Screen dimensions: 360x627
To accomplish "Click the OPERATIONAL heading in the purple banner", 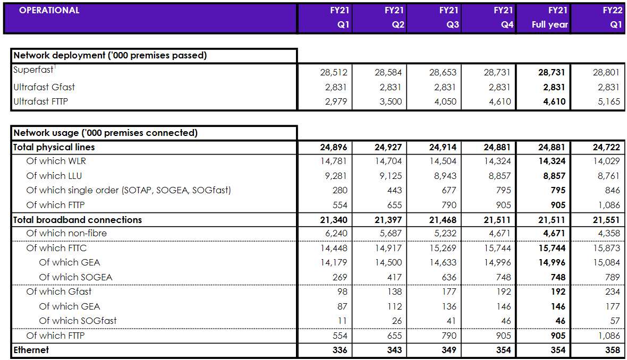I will coord(49,10).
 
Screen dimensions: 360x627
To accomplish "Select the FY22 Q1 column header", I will coord(598,18).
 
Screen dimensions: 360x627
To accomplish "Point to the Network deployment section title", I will coord(110,55).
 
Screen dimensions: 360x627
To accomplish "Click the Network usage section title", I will coord(105,133).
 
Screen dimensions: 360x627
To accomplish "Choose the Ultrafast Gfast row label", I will coord(44,87).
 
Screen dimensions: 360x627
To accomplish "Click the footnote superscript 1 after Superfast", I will coord(55,67).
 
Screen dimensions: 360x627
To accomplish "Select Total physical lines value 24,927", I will coord(388,147).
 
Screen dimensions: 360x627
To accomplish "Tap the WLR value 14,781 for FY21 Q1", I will coord(333,161).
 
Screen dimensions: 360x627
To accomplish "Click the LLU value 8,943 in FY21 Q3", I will coord(443,176).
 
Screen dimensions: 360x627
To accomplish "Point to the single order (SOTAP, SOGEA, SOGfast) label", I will coord(129,190).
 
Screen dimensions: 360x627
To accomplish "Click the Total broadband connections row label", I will coord(78,220).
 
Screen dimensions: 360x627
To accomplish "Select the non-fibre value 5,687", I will coord(388,233).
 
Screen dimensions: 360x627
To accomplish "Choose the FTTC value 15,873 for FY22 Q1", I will coord(606,248).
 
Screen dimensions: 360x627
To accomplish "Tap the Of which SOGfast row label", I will coord(78,321).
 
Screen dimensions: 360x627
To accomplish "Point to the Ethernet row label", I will coord(31,350).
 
